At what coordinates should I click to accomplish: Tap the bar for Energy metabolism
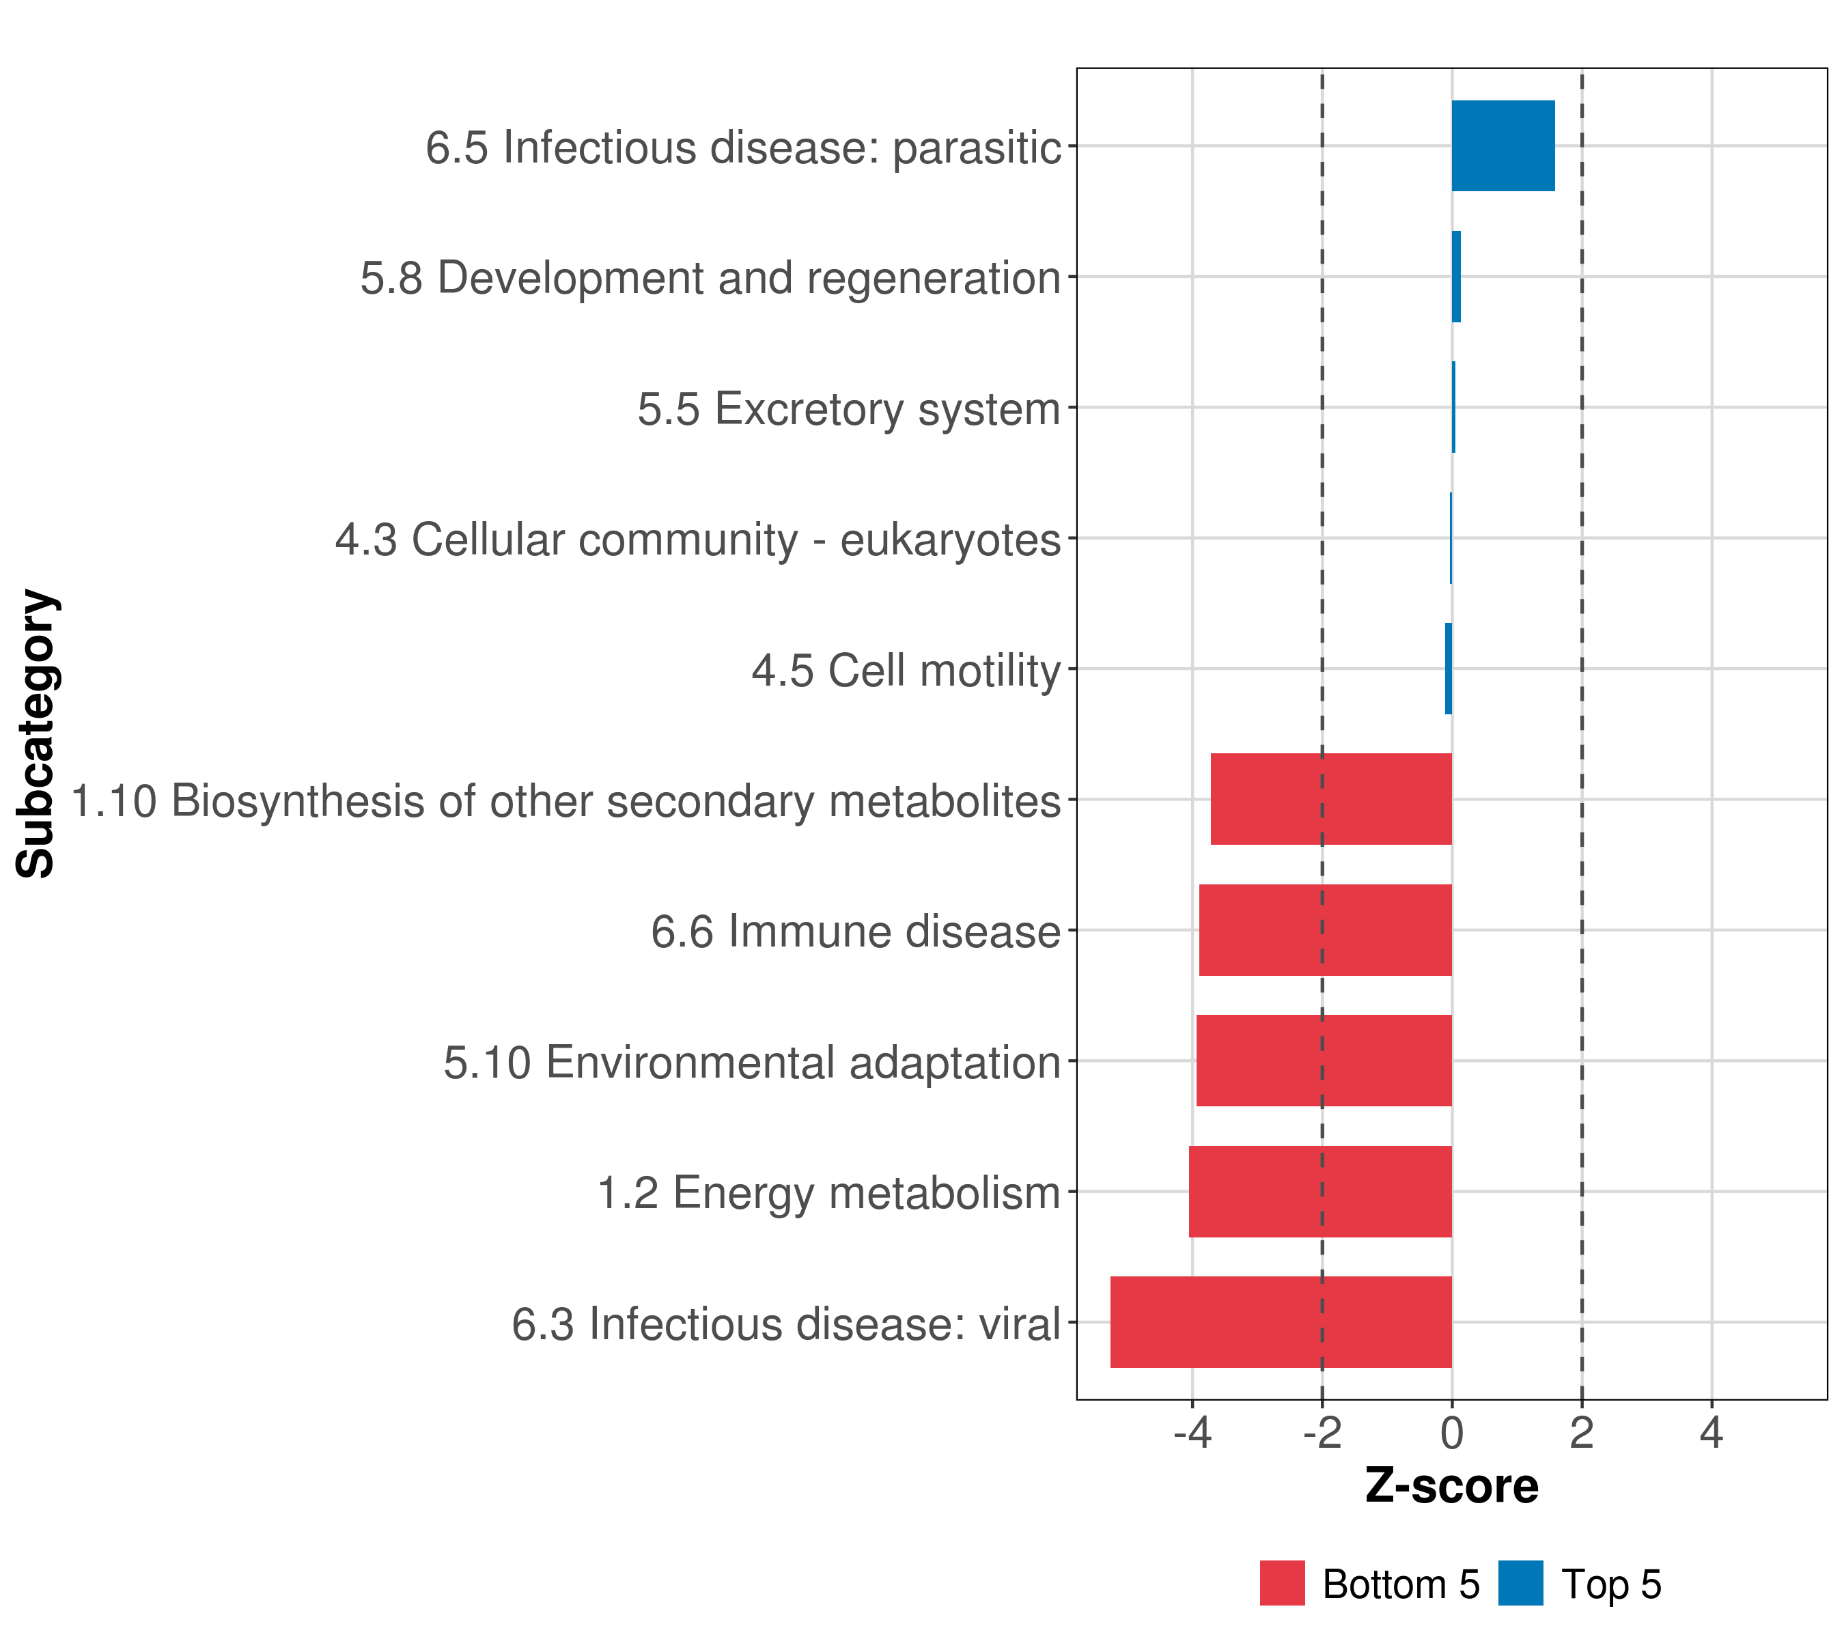pos(1320,1192)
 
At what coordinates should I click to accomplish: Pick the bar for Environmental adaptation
pos(1324,1061)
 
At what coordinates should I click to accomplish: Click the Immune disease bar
pos(1324,930)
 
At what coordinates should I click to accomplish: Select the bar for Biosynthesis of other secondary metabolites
pos(1330,799)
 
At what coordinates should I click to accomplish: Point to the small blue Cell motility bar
pos(1448,669)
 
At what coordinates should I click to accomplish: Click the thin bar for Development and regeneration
pos(1456,277)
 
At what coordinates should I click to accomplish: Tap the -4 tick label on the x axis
pos(1192,1433)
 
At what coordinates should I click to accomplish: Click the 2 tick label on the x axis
pos(1582,1433)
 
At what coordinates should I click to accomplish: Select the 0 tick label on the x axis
pos(1451,1433)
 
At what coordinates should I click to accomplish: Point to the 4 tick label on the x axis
pos(1712,1433)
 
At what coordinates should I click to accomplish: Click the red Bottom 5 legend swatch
pos(1282,1584)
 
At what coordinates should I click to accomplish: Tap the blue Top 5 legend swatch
pos(1521,1584)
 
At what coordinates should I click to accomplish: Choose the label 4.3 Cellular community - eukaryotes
pos(697,540)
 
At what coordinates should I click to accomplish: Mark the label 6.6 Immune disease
pos(855,931)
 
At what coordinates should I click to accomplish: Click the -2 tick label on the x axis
pos(1322,1433)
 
